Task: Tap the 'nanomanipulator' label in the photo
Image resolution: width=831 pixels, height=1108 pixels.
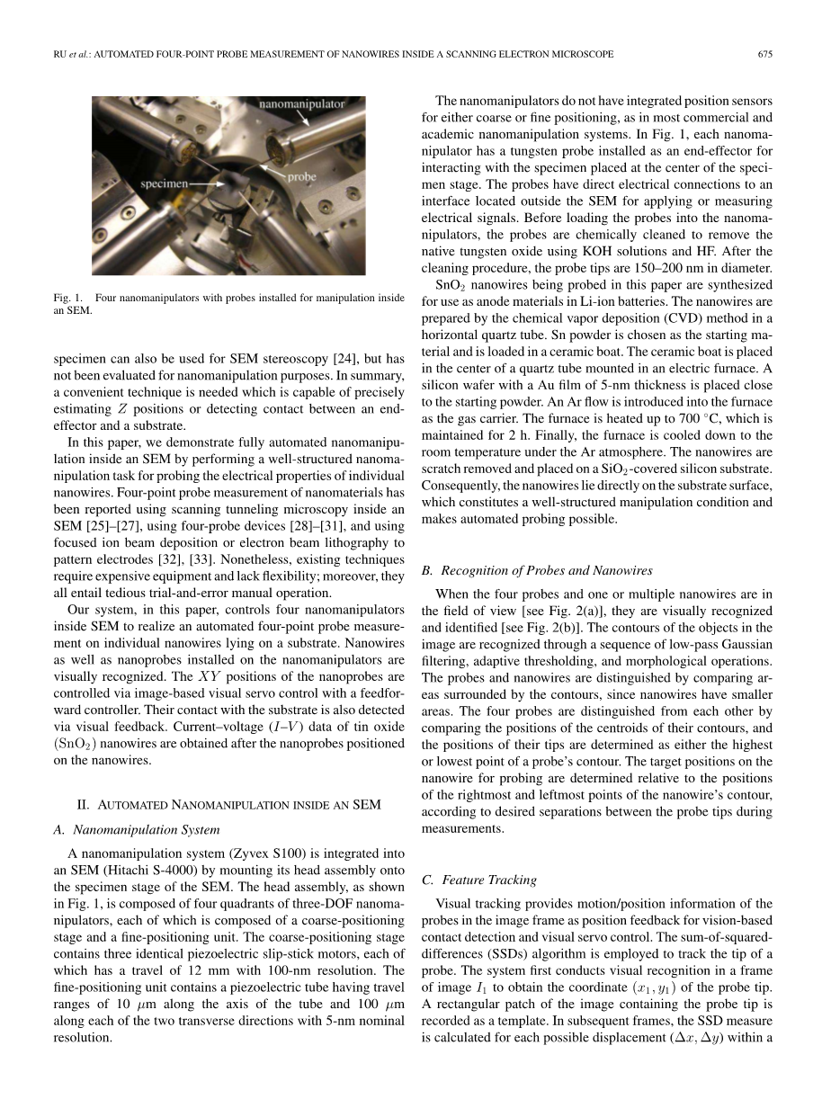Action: (x=302, y=104)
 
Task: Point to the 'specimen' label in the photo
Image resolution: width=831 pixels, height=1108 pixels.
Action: (x=164, y=183)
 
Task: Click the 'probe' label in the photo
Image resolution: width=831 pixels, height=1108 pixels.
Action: (x=302, y=177)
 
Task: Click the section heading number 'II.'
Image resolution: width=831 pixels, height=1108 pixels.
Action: (x=86, y=804)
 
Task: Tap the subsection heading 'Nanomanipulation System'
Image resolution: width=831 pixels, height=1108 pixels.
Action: (x=146, y=829)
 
